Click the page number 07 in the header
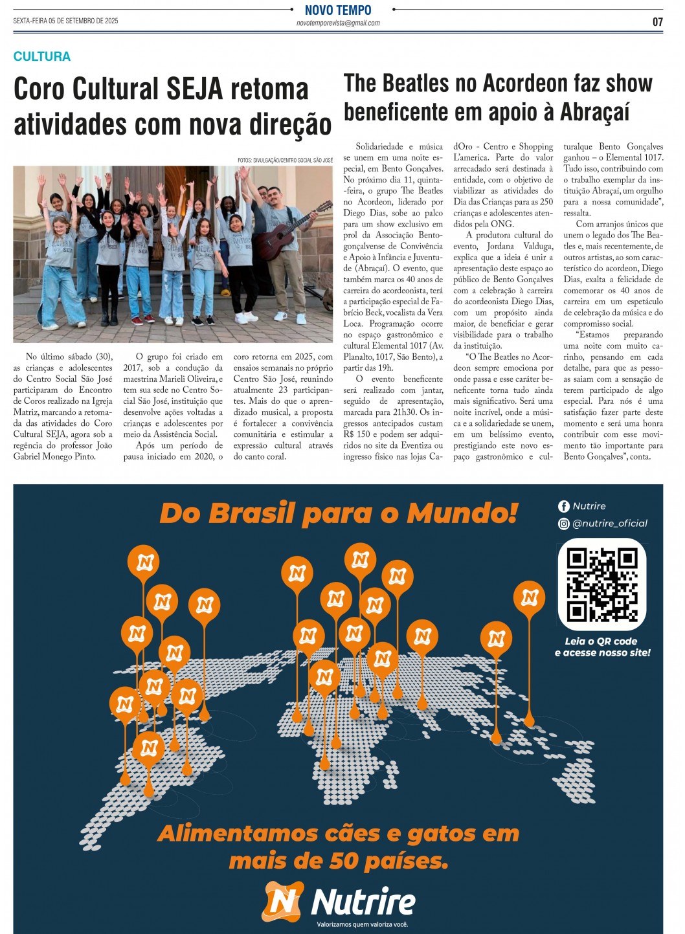click(657, 22)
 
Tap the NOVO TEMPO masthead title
click(338, 10)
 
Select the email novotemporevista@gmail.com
click(338, 23)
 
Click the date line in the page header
click(65, 21)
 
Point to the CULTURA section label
click(42, 56)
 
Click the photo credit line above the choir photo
click(285, 160)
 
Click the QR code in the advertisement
click(602, 584)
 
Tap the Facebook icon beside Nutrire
click(564, 506)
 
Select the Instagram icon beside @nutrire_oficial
click(564, 524)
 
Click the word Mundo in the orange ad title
click(462, 513)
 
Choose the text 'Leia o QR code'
click(601, 641)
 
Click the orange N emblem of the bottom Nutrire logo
click(282, 902)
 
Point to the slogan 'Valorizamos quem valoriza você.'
click(363, 924)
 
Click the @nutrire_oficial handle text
click(610, 524)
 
